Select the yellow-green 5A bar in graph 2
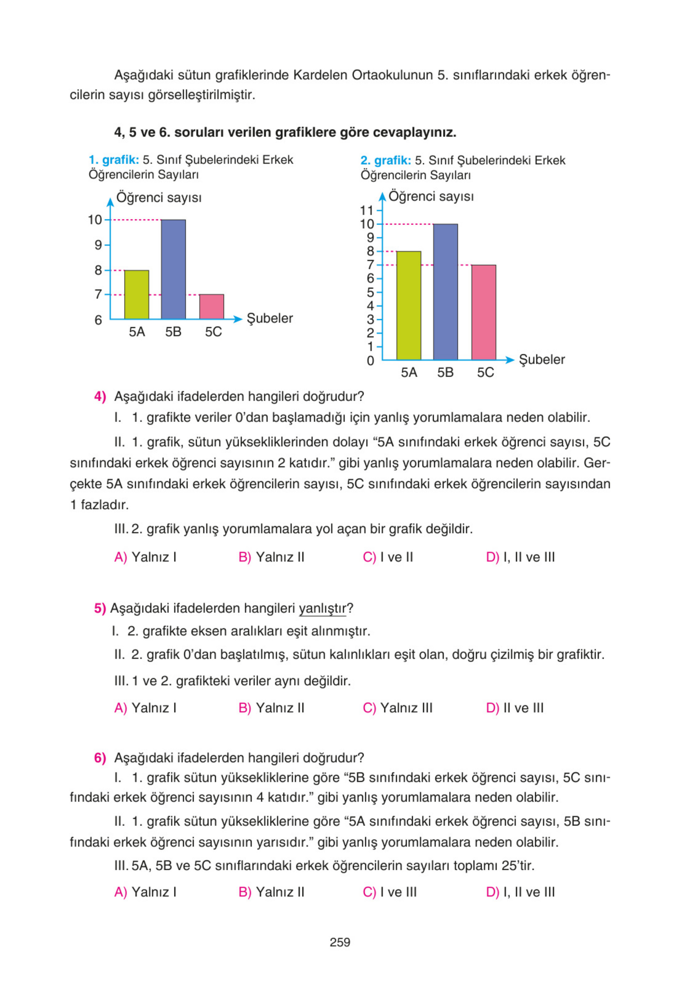point(409,305)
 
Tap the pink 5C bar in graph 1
point(211,307)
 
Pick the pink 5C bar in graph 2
point(483,312)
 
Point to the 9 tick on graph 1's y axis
point(99,245)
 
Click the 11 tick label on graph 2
point(366,211)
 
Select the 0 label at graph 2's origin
point(370,360)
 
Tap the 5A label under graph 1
point(137,332)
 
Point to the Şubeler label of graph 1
point(270,319)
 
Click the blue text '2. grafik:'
point(386,161)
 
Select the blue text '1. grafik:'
point(114,160)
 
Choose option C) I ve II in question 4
point(388,557)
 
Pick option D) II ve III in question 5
point(514,708)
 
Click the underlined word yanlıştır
point(323,608)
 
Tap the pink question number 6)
point(100,758)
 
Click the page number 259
point(340,942)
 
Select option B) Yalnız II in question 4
point(271,557)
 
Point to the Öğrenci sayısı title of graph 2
point(431,197)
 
